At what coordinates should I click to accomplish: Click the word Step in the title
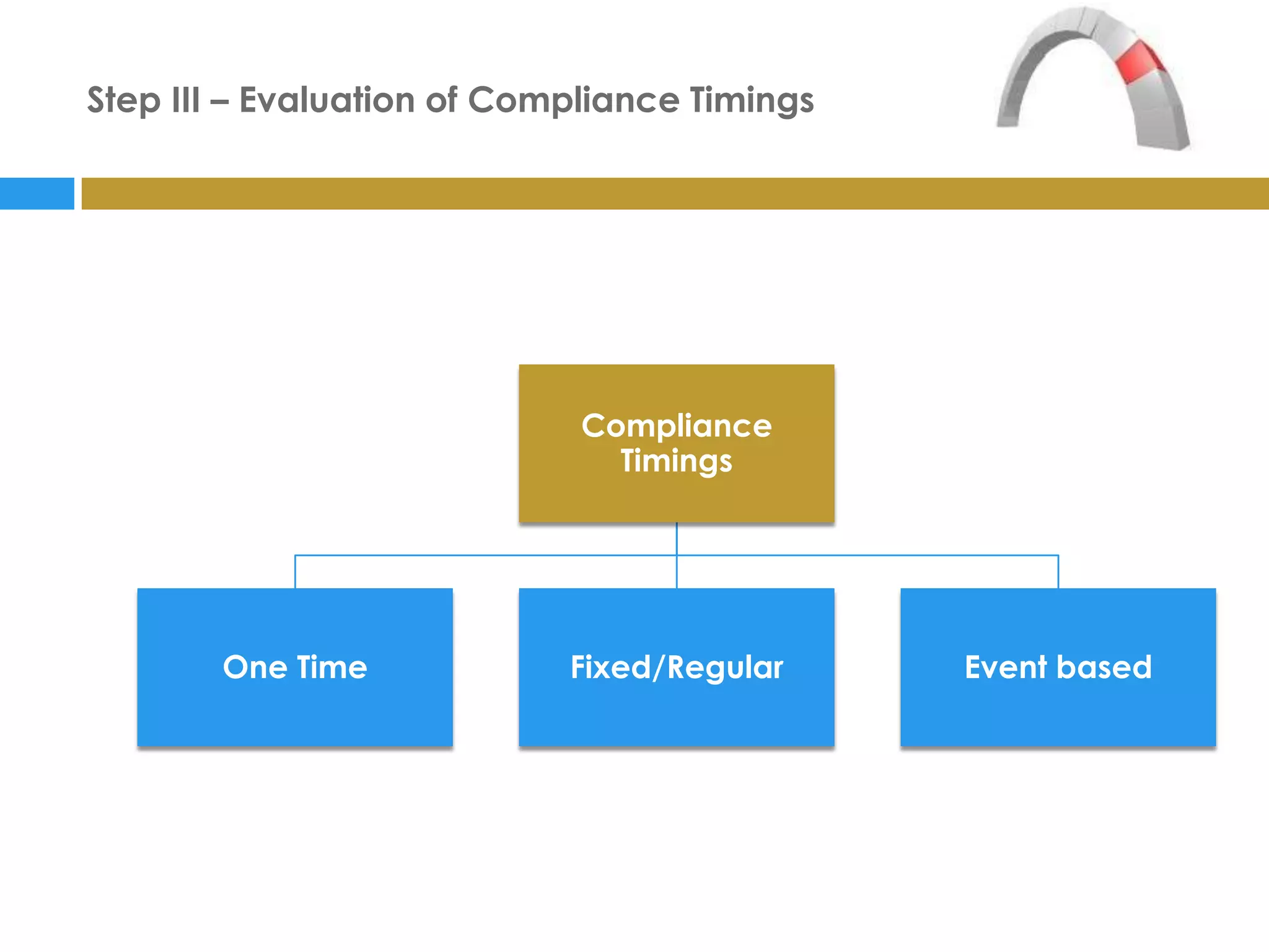[123, 100]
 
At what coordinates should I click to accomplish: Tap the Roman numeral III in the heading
[185, 100]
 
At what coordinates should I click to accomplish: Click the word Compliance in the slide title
[573, 100]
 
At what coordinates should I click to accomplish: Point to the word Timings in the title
[752, 100]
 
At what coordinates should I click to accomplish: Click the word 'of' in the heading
[441, 100]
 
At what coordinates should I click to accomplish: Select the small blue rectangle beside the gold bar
[37, 193]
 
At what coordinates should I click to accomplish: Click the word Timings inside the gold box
[676, 461]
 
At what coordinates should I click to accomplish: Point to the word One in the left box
[255, 668]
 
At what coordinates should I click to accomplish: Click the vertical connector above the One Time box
[295, 571]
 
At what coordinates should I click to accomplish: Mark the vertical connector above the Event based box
[1058, 571]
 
